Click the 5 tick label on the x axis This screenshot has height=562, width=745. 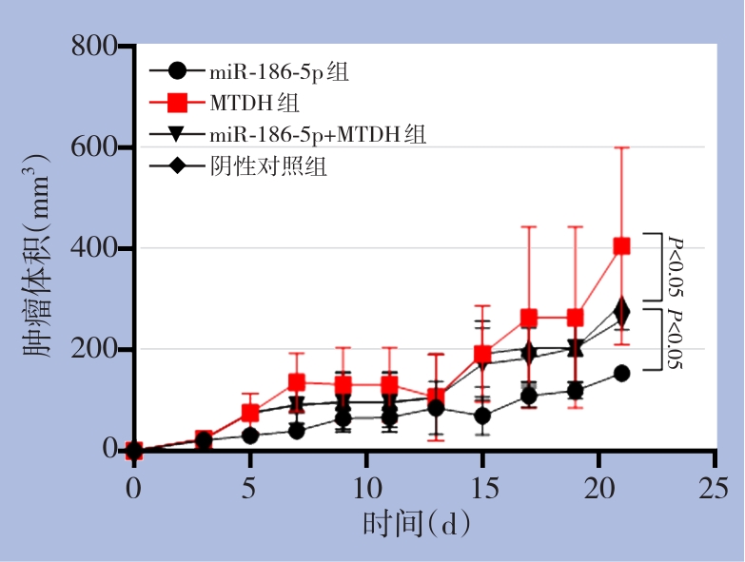click(250, 488)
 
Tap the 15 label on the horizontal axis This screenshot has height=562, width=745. click(482, 488)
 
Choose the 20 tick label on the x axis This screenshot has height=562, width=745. click(598, 488)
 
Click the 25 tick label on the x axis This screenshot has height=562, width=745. click(715, 488)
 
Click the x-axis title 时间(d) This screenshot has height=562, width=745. click(417, 524)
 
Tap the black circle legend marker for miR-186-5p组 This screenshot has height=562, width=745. click(177, 70)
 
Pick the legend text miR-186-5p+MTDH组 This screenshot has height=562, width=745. click(319, 134)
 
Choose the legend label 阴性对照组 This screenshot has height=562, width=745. click(269, 166)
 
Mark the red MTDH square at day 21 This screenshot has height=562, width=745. click(621, 246)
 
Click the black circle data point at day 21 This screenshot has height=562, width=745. click(621, 374)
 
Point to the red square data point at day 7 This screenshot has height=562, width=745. click(297, 382)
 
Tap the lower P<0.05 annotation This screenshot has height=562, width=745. click(674, 339)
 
